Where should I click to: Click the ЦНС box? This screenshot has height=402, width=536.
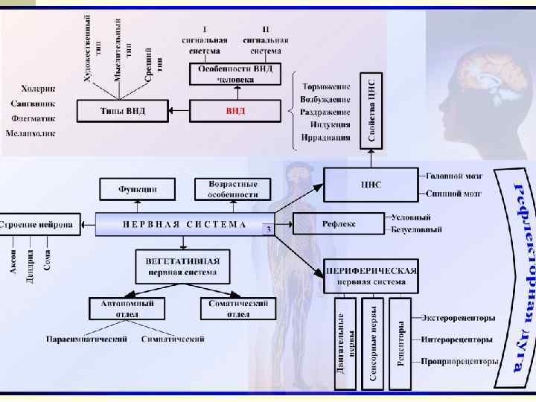371,185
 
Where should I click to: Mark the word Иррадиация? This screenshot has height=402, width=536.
325,137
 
